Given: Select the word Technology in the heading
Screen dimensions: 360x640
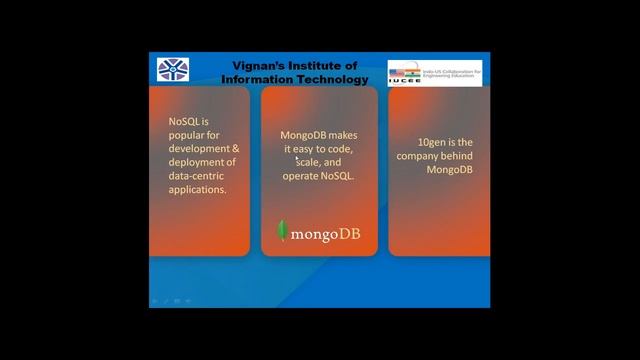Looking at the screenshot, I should point(332,79).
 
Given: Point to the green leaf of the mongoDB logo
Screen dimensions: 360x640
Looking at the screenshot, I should point(283,231).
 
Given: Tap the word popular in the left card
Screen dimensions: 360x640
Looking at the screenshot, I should point(190,135).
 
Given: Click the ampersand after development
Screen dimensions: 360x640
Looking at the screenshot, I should point(236,148).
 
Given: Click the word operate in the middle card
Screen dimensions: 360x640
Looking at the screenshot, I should point(301,175).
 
